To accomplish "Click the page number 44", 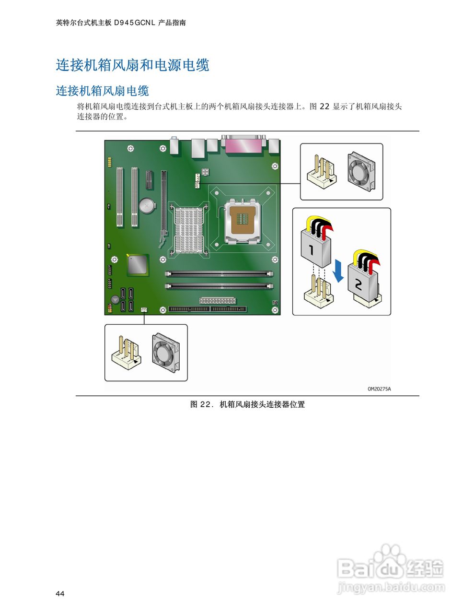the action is coord(60,594).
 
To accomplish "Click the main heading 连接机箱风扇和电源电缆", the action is coord(133,65).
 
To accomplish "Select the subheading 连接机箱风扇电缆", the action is coord(103,91).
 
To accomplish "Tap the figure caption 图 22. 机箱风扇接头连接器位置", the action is coord(247,404).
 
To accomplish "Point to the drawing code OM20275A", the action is coord(379,389).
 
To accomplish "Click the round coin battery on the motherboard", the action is coord(147,206).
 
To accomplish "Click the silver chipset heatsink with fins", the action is coord(189,229).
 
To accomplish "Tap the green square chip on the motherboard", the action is coord(138,265).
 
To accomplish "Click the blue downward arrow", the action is coord(338,271).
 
